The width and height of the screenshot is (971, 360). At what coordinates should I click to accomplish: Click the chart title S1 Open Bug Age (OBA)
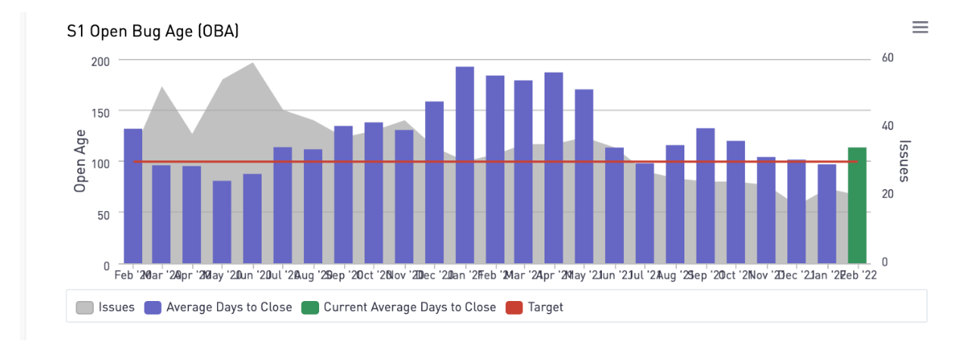(153, 31)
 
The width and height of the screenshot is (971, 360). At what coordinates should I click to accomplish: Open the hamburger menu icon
(920, 28)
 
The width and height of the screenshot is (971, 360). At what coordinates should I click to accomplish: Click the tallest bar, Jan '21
(464, 166)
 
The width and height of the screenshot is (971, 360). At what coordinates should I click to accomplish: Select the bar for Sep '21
(706, 196)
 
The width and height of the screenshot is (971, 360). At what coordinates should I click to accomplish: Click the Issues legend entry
(106, 307)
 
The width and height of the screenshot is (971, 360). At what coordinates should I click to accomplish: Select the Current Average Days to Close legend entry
(399, 307)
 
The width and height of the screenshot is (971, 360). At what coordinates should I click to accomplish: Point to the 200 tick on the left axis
(100, 61)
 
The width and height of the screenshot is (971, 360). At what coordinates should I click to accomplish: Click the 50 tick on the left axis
(103, 214)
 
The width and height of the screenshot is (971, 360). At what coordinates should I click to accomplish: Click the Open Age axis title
(80, 160)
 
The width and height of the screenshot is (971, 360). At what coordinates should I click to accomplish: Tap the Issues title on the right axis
(903, 160)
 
